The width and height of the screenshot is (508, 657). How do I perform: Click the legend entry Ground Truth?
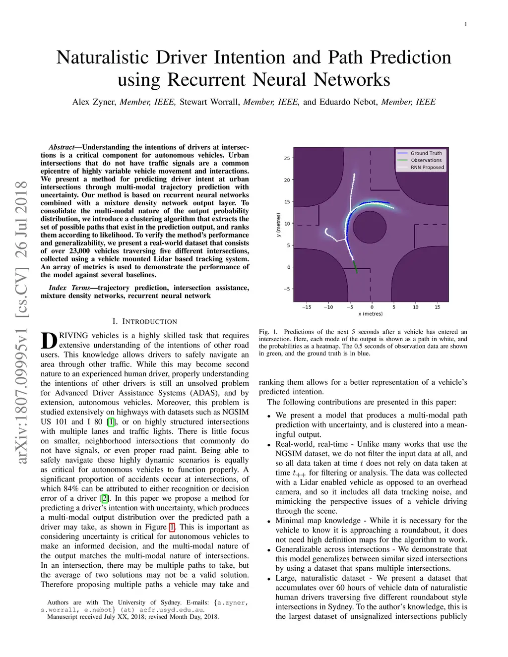426,153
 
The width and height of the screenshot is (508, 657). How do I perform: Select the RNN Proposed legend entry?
427,168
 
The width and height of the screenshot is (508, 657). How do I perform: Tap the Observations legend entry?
426,160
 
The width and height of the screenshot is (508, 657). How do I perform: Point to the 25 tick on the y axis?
287,159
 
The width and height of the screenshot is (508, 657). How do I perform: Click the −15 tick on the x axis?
307,307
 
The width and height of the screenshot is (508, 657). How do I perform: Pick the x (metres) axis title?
371,314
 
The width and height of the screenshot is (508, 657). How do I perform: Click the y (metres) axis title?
278,225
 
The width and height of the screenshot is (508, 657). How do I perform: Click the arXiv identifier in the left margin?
22,322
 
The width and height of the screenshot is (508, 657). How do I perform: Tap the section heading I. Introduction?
145,321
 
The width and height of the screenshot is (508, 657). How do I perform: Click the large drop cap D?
49,341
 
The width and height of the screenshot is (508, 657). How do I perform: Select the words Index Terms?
69,288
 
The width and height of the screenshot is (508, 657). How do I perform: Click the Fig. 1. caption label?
268,332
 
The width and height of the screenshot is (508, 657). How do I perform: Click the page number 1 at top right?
466,24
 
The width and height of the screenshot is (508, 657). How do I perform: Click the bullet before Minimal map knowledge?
269,522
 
